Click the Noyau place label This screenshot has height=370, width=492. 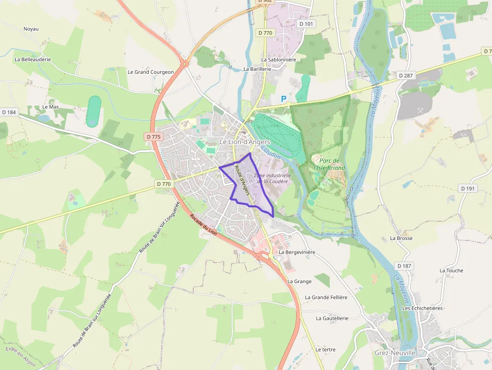31,29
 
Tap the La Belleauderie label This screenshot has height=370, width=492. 33,59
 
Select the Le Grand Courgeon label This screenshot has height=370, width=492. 151,72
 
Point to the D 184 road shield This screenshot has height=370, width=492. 9,112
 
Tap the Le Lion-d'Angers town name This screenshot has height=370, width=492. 245,142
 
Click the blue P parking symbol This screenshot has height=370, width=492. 284,99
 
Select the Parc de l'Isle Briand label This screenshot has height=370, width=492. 329,164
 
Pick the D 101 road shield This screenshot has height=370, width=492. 306,24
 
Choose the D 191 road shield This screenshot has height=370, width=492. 467,188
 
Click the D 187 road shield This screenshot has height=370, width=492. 404,266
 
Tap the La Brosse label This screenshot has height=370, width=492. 401,238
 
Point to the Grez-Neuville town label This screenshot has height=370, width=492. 395,352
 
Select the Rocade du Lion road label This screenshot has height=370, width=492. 203,224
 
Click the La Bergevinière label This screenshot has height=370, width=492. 297,252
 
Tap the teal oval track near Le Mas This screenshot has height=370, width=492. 93,111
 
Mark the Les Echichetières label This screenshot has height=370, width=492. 422,308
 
